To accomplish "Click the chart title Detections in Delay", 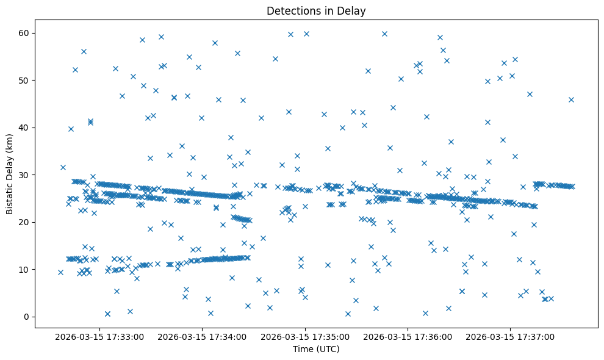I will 316,10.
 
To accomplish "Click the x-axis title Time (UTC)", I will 316,349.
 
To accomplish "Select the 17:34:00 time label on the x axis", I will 202,336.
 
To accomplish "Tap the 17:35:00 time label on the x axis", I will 304,336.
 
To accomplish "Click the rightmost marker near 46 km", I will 571,99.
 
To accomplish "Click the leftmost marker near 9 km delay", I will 60,272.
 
